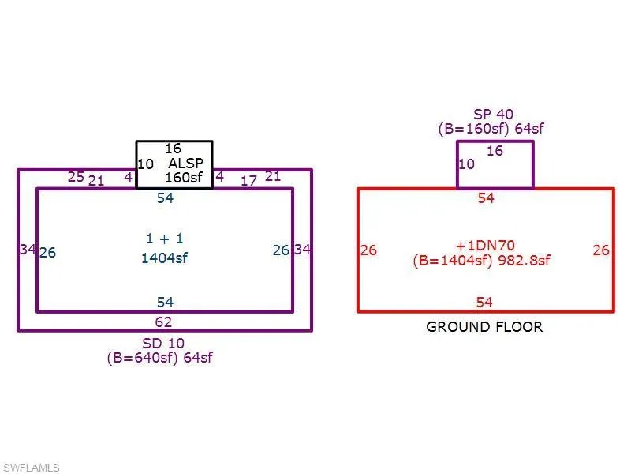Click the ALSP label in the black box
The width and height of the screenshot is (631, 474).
pos(185,164)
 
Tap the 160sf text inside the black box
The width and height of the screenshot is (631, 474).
pos(184,177)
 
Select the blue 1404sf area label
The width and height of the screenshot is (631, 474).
pos(164,258)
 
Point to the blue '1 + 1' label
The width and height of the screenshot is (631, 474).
pos(165,239)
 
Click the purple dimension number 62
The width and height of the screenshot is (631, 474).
pos(163,322)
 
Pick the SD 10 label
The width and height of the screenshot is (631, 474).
pos(163,344)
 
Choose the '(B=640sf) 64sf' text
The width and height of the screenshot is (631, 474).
pos(160,358)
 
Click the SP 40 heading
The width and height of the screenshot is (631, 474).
pos(493,115)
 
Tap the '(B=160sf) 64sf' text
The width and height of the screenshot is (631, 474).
pos(491,129)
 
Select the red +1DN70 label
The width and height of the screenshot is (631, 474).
pos(485,246)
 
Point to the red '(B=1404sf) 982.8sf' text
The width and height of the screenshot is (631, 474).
pos(481,261)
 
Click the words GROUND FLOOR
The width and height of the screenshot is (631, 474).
pos(484,327)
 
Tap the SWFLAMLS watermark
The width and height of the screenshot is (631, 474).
pos(31,468)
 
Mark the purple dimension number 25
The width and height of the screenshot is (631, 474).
pos(76,177)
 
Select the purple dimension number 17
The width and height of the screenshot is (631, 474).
pos(248,181)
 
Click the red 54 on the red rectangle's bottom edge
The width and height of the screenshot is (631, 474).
pos(484,303)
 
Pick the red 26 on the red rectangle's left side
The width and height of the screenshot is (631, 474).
pos(368,250)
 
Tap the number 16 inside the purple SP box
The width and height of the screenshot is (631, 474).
pos(495,151)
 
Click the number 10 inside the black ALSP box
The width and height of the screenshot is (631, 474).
pos(145,164)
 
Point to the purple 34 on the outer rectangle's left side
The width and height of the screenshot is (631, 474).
pos(28,250)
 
